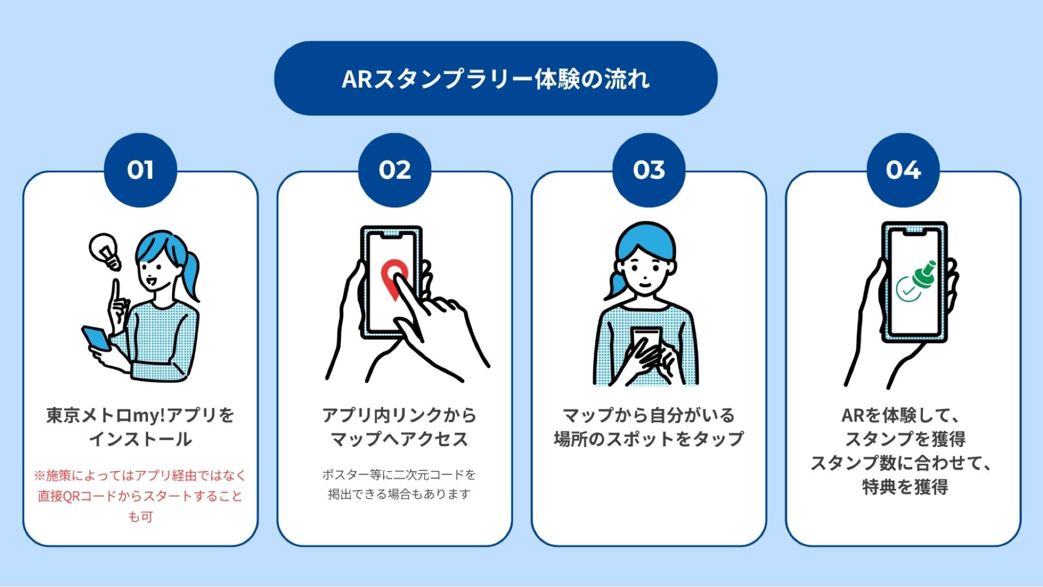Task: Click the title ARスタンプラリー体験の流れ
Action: pos(496,79)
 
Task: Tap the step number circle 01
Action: pos(140,170)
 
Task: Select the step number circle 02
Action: pos(394,170)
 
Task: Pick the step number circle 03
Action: pos(649,170)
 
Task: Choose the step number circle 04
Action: pos(903,170)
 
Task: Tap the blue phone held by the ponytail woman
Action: pos(96,338)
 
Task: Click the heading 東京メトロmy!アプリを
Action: pos(140,415)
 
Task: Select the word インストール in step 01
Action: pos(140,439)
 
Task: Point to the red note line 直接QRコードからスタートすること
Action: pos(140,496)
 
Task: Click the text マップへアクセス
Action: pos(399,439)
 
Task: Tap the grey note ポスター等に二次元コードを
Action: pos(399,474)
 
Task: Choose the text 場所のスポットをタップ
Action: pos(649,439)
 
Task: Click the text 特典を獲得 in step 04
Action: pos(905,487)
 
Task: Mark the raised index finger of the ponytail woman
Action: pos(116,292)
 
